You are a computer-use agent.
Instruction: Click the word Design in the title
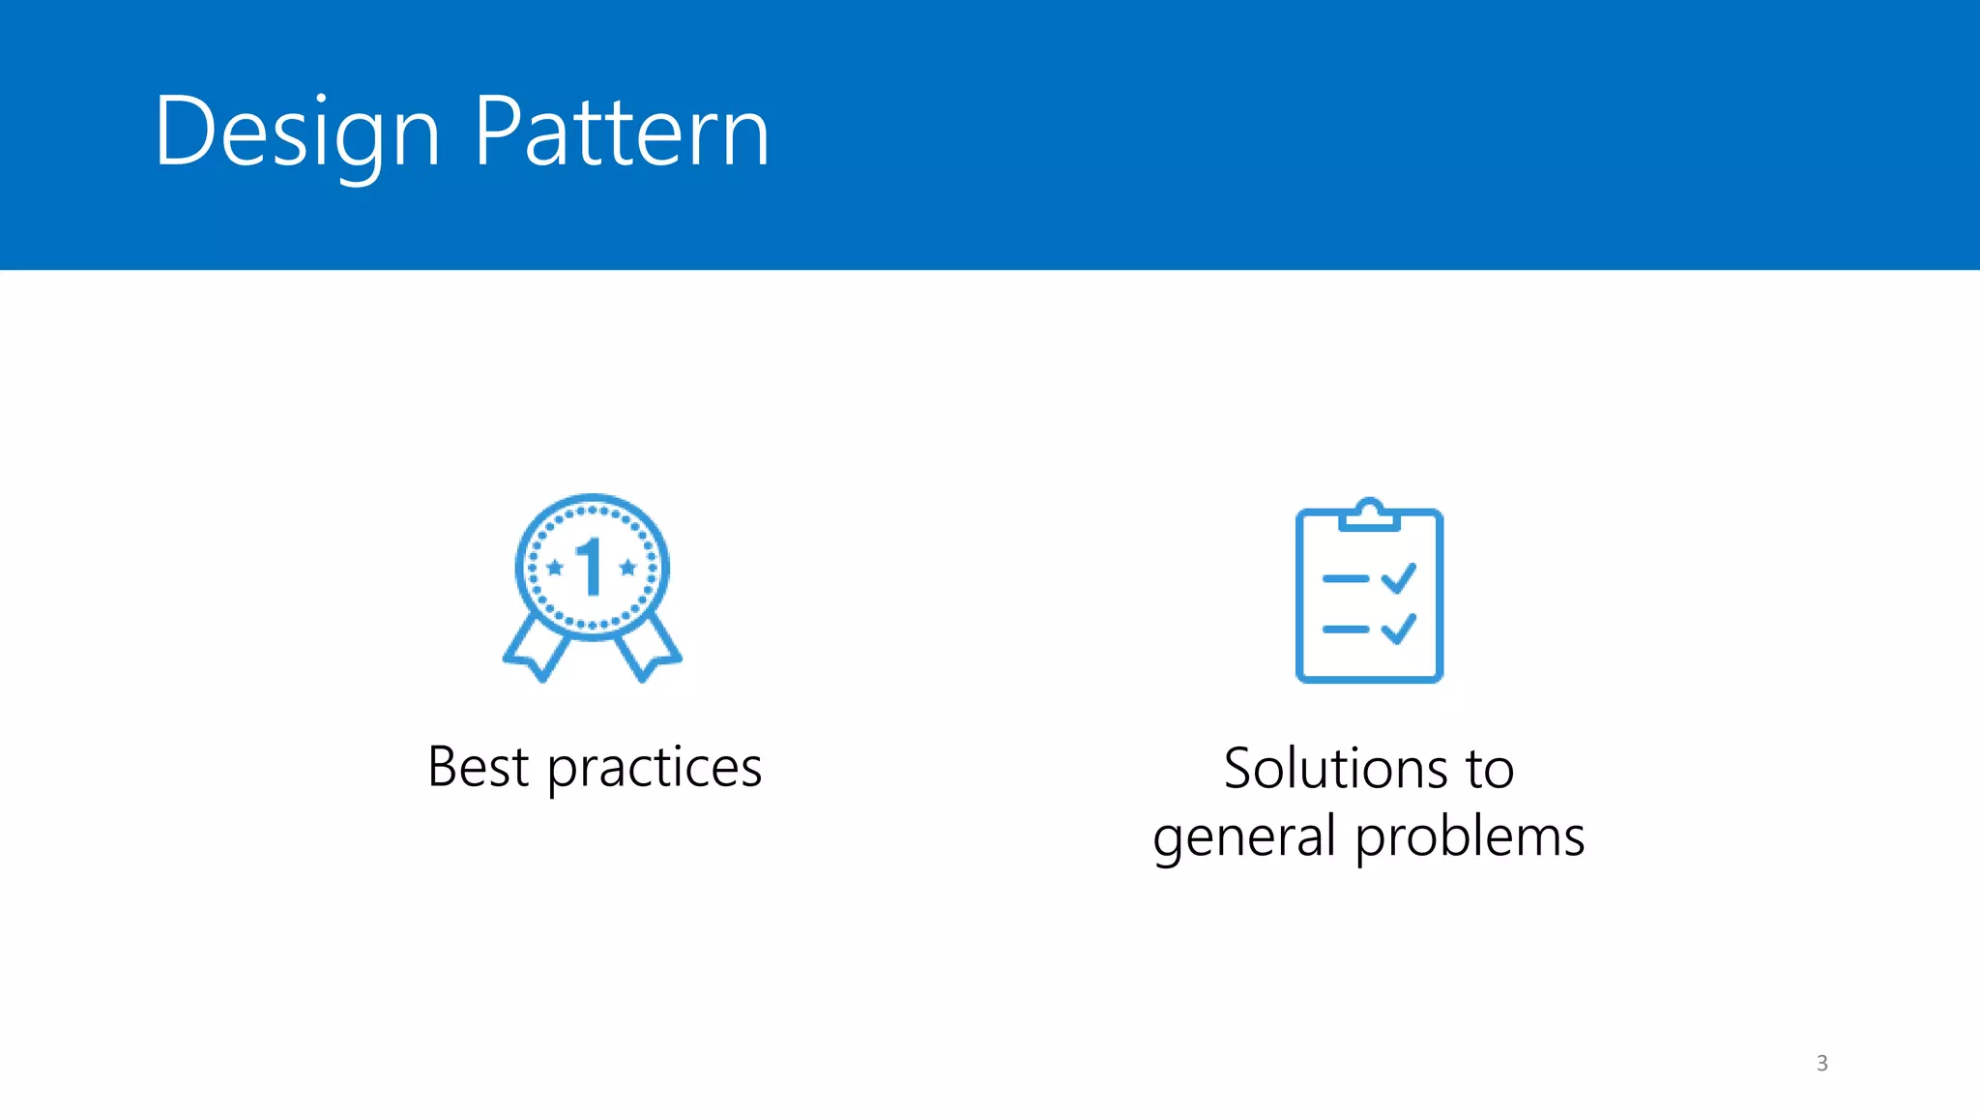click(x=297, y=132)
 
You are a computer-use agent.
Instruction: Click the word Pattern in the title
click(x=622, y=132)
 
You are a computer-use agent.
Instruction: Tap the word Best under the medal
click(x=478, y=768)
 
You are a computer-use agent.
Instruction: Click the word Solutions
click(x=1333, y=769)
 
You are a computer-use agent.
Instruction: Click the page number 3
click(x=1821, y=1063)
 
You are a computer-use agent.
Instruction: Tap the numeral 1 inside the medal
click(x=590, y=567)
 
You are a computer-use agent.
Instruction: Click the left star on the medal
click(x=554, y=568)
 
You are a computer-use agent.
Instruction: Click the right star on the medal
click(x=627, y=568)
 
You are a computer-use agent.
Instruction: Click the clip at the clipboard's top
click(x=1369, y=514)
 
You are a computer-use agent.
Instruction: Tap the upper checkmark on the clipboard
click(x=1399, y=578)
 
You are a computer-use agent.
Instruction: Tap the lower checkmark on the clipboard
click(x=1399, y=629)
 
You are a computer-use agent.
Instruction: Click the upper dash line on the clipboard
click(x=1345, y=579)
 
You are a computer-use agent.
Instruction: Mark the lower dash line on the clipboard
click(x=1345, y=630)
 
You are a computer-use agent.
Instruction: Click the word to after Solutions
click(x=1489, y=769)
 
